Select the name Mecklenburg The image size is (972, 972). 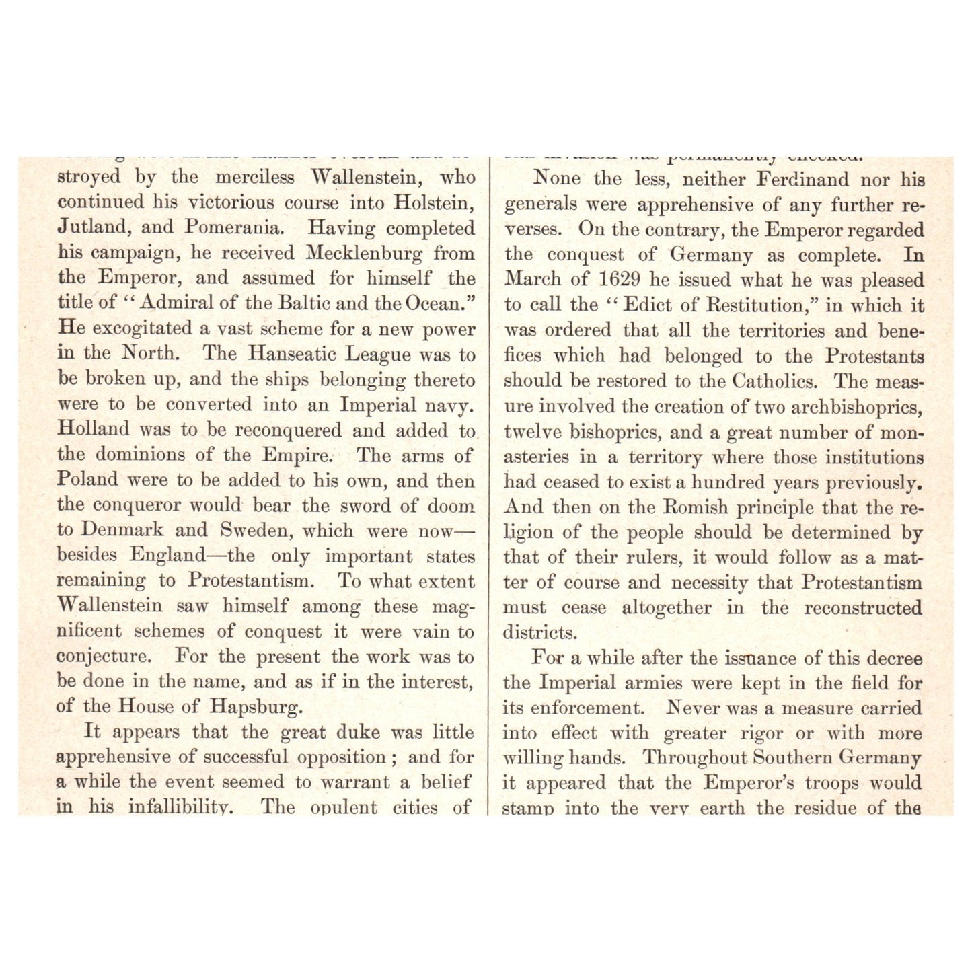365,253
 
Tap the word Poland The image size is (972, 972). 87,480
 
